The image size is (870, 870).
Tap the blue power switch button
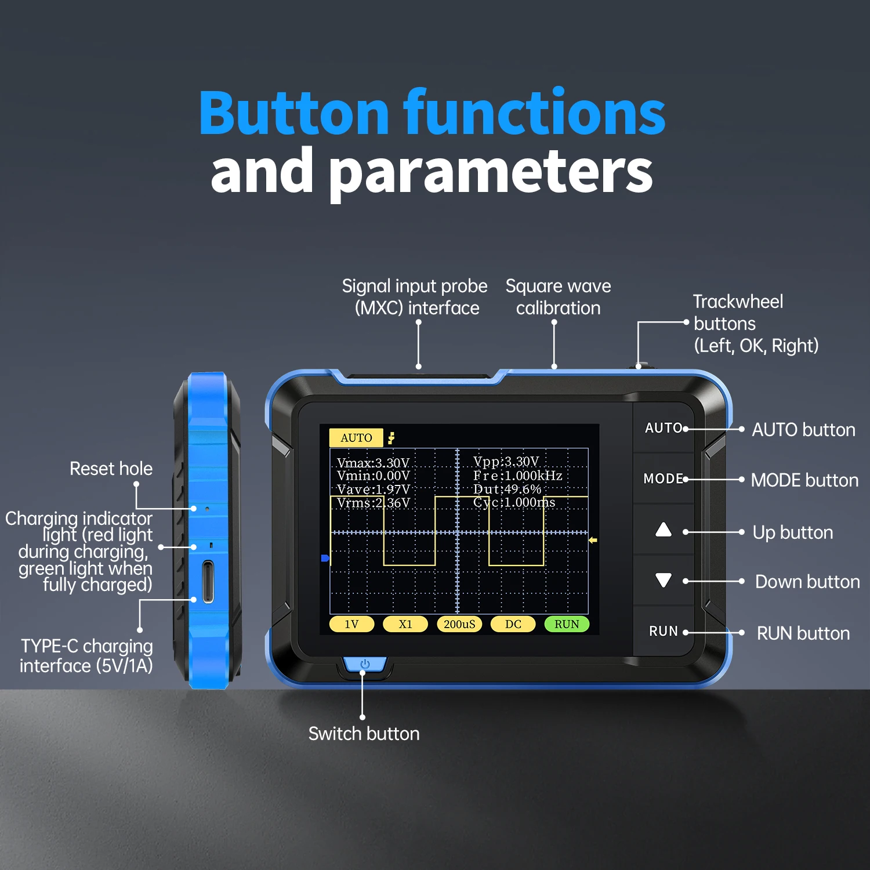pyautogui.click(x=365, y=664)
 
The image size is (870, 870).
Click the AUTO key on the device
pyautogui.click(x=664, y=428)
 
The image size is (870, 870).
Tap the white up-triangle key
pyautogui.click(x=663, y=530)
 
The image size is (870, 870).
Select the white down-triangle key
pyautogui.click(x=663, y=580)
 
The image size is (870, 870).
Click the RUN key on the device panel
pyautogui.click(x=663, y=631)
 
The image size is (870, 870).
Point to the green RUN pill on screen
pyautogui.click(x=566, y=624)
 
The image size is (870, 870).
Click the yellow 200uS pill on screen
pyautogui.click(x=459, y=624)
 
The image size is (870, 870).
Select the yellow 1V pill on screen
pyautogui.click(x=351, y=624)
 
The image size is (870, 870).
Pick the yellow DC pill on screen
pyautogui.click(x=513, y=624)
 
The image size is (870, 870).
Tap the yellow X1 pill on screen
pyautogui.click(x=405, y=624)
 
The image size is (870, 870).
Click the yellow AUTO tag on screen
pyautogui.click(x=356, y=438)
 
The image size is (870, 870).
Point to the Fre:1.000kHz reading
pyautogui.click(x=517, y=476)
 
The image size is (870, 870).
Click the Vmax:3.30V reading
pyautogui.click(x=373, y=463)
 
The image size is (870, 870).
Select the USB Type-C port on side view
pyautogui.click(x=208, y=581)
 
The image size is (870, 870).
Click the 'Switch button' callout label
pyautogui.click(x=364, y=734)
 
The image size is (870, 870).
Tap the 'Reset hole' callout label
pyautogui.click(x=111, y=469)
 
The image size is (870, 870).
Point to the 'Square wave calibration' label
pyautogui.click(x=558, y=297)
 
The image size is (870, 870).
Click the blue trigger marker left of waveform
pyautogui.click(x=325, y=558)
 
